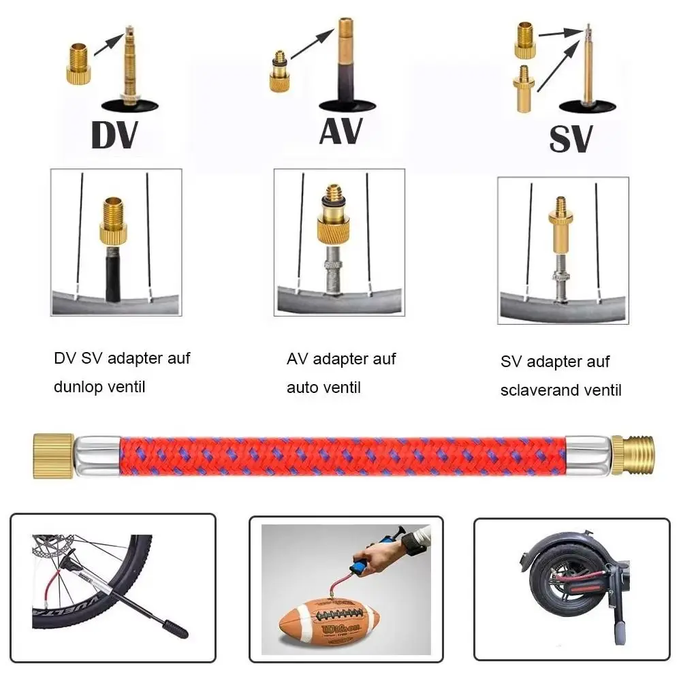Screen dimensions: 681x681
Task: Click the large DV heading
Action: click(114, 136)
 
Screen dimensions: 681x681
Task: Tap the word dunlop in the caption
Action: click(77, 387)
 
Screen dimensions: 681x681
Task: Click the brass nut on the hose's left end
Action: click(53, 455)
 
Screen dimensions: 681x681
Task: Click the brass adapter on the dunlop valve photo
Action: click(114, 221)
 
